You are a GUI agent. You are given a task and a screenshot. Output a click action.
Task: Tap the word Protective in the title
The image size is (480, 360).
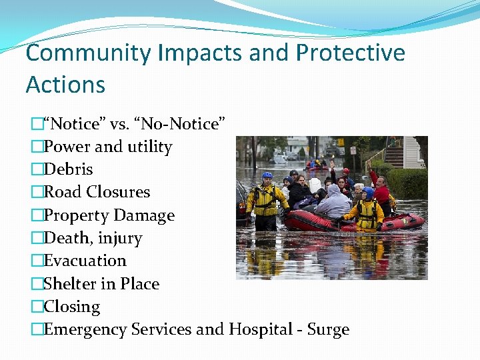click(350, 53)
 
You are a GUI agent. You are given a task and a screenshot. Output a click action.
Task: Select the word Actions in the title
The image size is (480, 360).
click(65, 85)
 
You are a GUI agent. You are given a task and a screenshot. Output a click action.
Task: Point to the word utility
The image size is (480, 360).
click(147, 147)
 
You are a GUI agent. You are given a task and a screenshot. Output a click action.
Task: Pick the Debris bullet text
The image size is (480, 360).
click(68, 169)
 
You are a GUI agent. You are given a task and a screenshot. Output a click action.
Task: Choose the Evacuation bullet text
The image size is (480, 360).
click(85, 261)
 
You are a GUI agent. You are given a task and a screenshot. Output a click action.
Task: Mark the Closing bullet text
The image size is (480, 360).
click(71, 307)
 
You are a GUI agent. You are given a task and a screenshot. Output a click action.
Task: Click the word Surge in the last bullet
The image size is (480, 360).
click(329, 329)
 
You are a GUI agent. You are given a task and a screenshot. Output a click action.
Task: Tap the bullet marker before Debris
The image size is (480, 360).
click(37, 170)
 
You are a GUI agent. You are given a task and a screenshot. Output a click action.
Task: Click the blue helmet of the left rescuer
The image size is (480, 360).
click(267, 176)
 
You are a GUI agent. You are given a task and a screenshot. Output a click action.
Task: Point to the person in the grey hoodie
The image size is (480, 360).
click(333, 200)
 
